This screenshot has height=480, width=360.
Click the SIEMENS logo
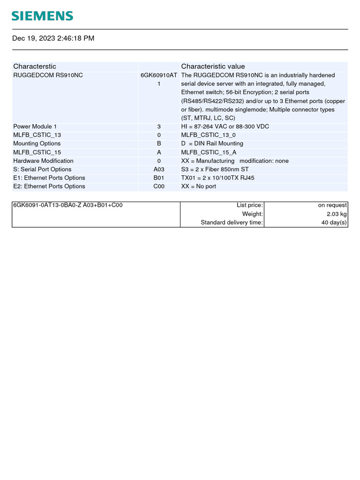(42, 16)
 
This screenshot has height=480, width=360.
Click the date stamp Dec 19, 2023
(53, 38)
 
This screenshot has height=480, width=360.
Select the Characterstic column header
(35, 67)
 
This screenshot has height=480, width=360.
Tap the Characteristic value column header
(213, 67)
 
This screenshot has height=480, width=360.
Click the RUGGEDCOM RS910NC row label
(48, 75)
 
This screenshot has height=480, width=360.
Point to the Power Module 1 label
(35, 127)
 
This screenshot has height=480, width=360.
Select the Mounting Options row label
(37, 143)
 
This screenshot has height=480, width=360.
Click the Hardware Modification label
(43, 161)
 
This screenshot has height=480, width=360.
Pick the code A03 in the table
(159, 169)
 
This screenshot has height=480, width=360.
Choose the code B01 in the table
(159, 178)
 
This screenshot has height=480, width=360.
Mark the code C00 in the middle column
(159, 186)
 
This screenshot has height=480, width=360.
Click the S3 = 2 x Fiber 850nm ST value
(215, 169)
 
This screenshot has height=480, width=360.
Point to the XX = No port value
(199, 186)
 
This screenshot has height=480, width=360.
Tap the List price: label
(250, 205)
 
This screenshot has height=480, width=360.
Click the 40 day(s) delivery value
(334, 222)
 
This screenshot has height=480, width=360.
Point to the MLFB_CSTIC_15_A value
(209, 152)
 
